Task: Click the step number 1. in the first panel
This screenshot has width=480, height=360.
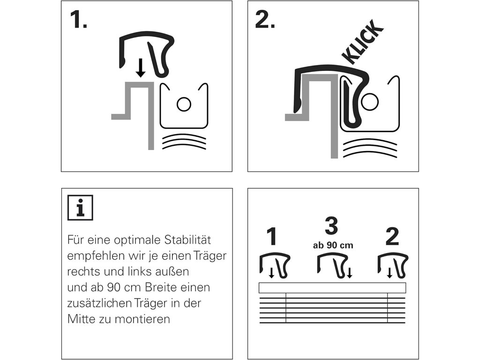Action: tap(78, 20)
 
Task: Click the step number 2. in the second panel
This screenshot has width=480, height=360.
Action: tap(265, 20)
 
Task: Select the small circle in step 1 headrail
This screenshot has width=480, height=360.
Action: tap(184, 104)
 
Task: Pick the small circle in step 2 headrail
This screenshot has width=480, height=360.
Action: tap(370, 101)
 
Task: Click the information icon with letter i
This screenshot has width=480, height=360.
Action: tap(80, 208)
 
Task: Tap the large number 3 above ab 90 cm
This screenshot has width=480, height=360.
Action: tap(331, 226)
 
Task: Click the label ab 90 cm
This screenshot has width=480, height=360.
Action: tap(333, 245)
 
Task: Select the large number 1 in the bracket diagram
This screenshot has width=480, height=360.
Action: tap(272, 237)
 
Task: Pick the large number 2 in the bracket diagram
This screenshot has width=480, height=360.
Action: tap(392, 237)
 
